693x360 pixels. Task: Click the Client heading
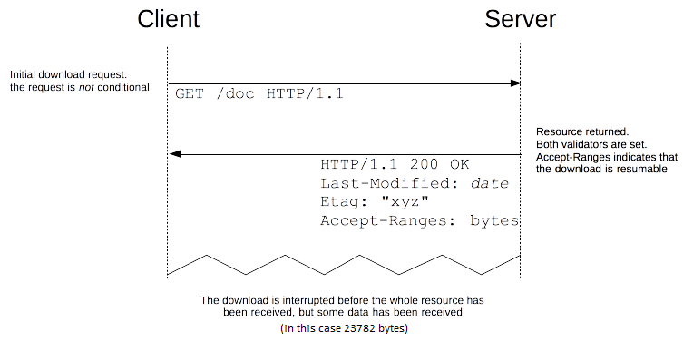pos(169,19)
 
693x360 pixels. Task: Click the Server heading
pos(521,19)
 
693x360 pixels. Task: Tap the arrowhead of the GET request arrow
pos(516,83)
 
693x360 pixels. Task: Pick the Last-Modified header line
pos(415,183)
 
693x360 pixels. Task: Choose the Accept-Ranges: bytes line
pos(420,220)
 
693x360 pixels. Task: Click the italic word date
pos(490,183)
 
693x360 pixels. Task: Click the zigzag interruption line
pos(345,264)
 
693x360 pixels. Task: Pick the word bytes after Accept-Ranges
pos(495,220)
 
